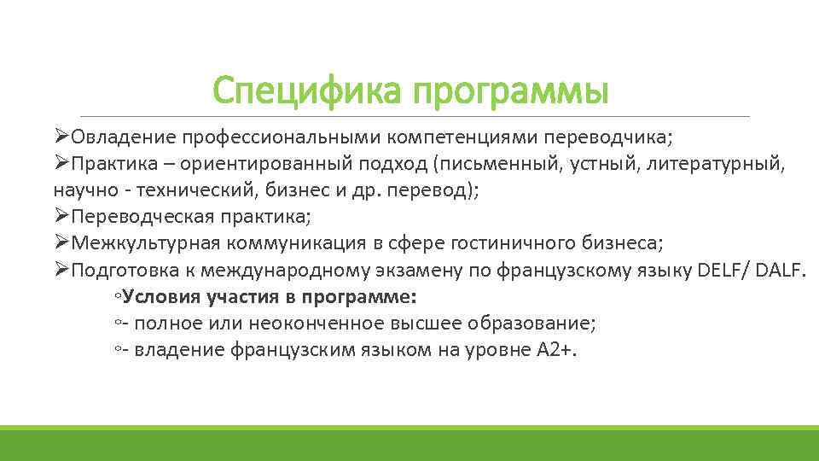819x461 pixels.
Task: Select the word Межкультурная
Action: pyautogui.click(x=148, y=242)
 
